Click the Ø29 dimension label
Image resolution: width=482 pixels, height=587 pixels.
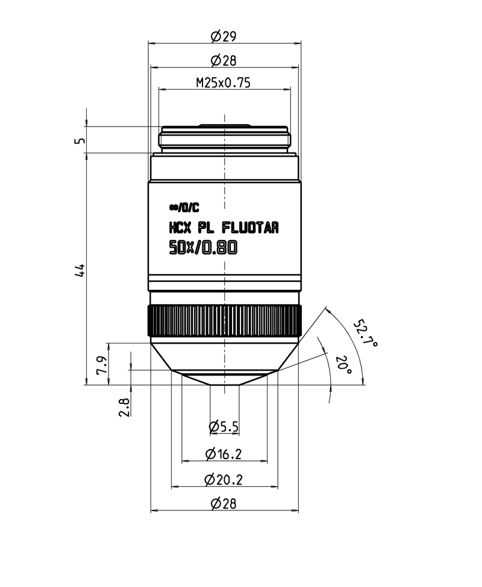(224, 36)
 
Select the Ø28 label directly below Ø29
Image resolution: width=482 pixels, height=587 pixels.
(224, 60)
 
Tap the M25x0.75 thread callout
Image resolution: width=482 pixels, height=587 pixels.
(223, 84)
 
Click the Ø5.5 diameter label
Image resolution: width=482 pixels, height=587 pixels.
(224, 427)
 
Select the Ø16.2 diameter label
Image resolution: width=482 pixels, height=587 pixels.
(224, 454)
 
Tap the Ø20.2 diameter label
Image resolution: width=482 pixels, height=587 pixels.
(224, 480)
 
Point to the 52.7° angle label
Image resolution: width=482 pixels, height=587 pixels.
(365, 334)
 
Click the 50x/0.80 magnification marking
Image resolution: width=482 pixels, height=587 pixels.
(203, 247)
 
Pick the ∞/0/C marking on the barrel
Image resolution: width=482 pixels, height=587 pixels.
(184, 208)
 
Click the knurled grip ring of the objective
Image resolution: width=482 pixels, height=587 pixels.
(225, 321)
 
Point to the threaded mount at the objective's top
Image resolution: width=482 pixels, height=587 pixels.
(224, 139)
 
